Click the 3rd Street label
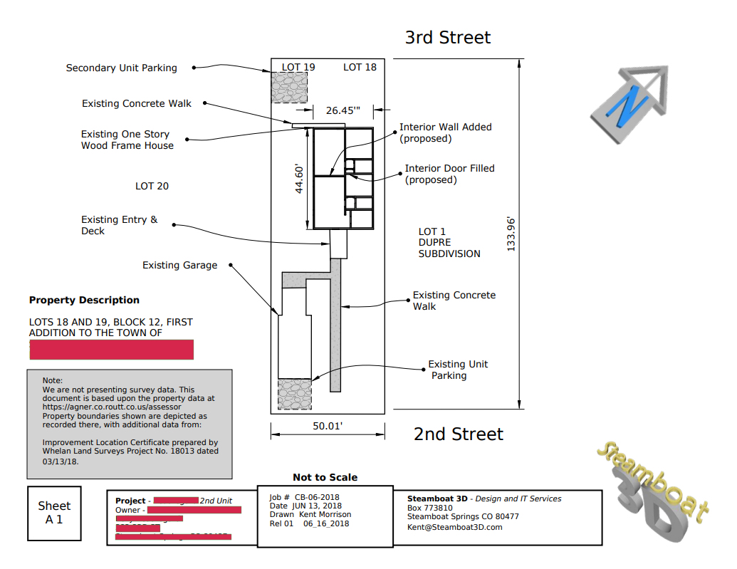point(447,37)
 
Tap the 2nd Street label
point(458,434)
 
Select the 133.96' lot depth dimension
point(511,234)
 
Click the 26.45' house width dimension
point(343,110)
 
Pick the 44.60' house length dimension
point(300,179)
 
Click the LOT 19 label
point(298,67)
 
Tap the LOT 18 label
point(360,67)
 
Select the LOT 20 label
point(152,186)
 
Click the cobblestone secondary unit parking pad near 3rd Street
point(288,88)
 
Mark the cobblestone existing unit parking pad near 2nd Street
point(294,394)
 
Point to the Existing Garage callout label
point(179,265)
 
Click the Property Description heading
point(84,300)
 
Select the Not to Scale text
point(325,477)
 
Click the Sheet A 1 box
point(54,512)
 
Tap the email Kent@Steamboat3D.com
point(454,527)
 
